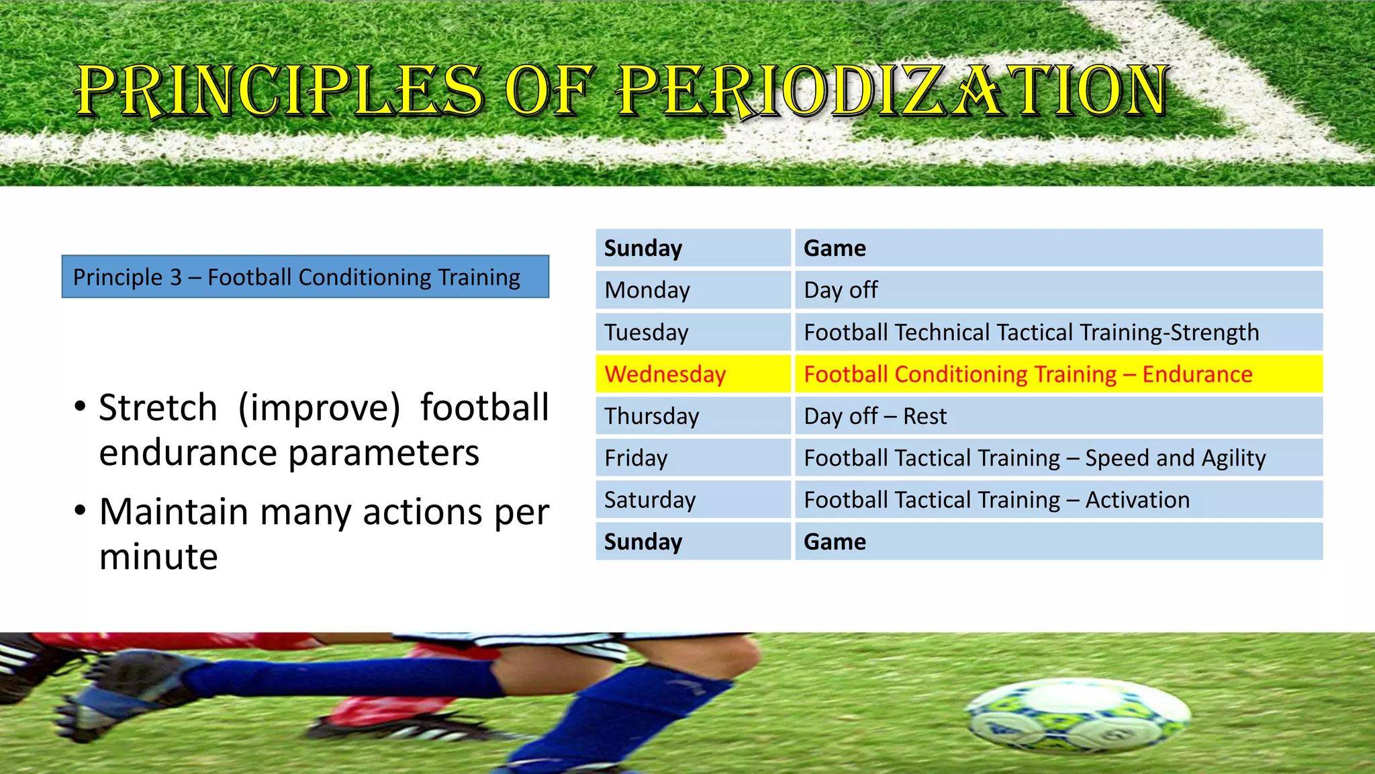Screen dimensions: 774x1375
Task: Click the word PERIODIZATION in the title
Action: point(893,91)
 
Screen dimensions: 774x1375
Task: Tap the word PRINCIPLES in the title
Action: point(279,91)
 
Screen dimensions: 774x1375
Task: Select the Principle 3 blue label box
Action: point(305,277)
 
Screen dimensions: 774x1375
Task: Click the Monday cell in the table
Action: point(693,290)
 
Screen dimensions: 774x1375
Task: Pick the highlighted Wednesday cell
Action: point(693,374)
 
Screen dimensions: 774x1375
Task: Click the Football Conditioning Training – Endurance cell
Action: point(1058,374)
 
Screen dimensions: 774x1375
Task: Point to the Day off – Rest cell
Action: point(1058,417)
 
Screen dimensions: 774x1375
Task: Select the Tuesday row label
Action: point(693,333)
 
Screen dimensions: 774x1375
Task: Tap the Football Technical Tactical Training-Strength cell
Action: point(1058,333)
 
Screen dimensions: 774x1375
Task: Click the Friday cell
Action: point(693,458)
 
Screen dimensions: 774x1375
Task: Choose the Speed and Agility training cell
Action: point(1058,458)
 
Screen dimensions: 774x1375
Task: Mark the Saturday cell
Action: point(693,500)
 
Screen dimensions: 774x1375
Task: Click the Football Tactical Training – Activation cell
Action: point(1058,500)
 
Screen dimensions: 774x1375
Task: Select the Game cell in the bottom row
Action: point(1058,542)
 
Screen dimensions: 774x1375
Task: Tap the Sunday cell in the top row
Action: point(693,249)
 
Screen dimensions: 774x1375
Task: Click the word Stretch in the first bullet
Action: point(158,408)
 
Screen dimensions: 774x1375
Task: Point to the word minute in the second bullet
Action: point(158,557)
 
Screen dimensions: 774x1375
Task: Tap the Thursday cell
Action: point(693,417)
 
